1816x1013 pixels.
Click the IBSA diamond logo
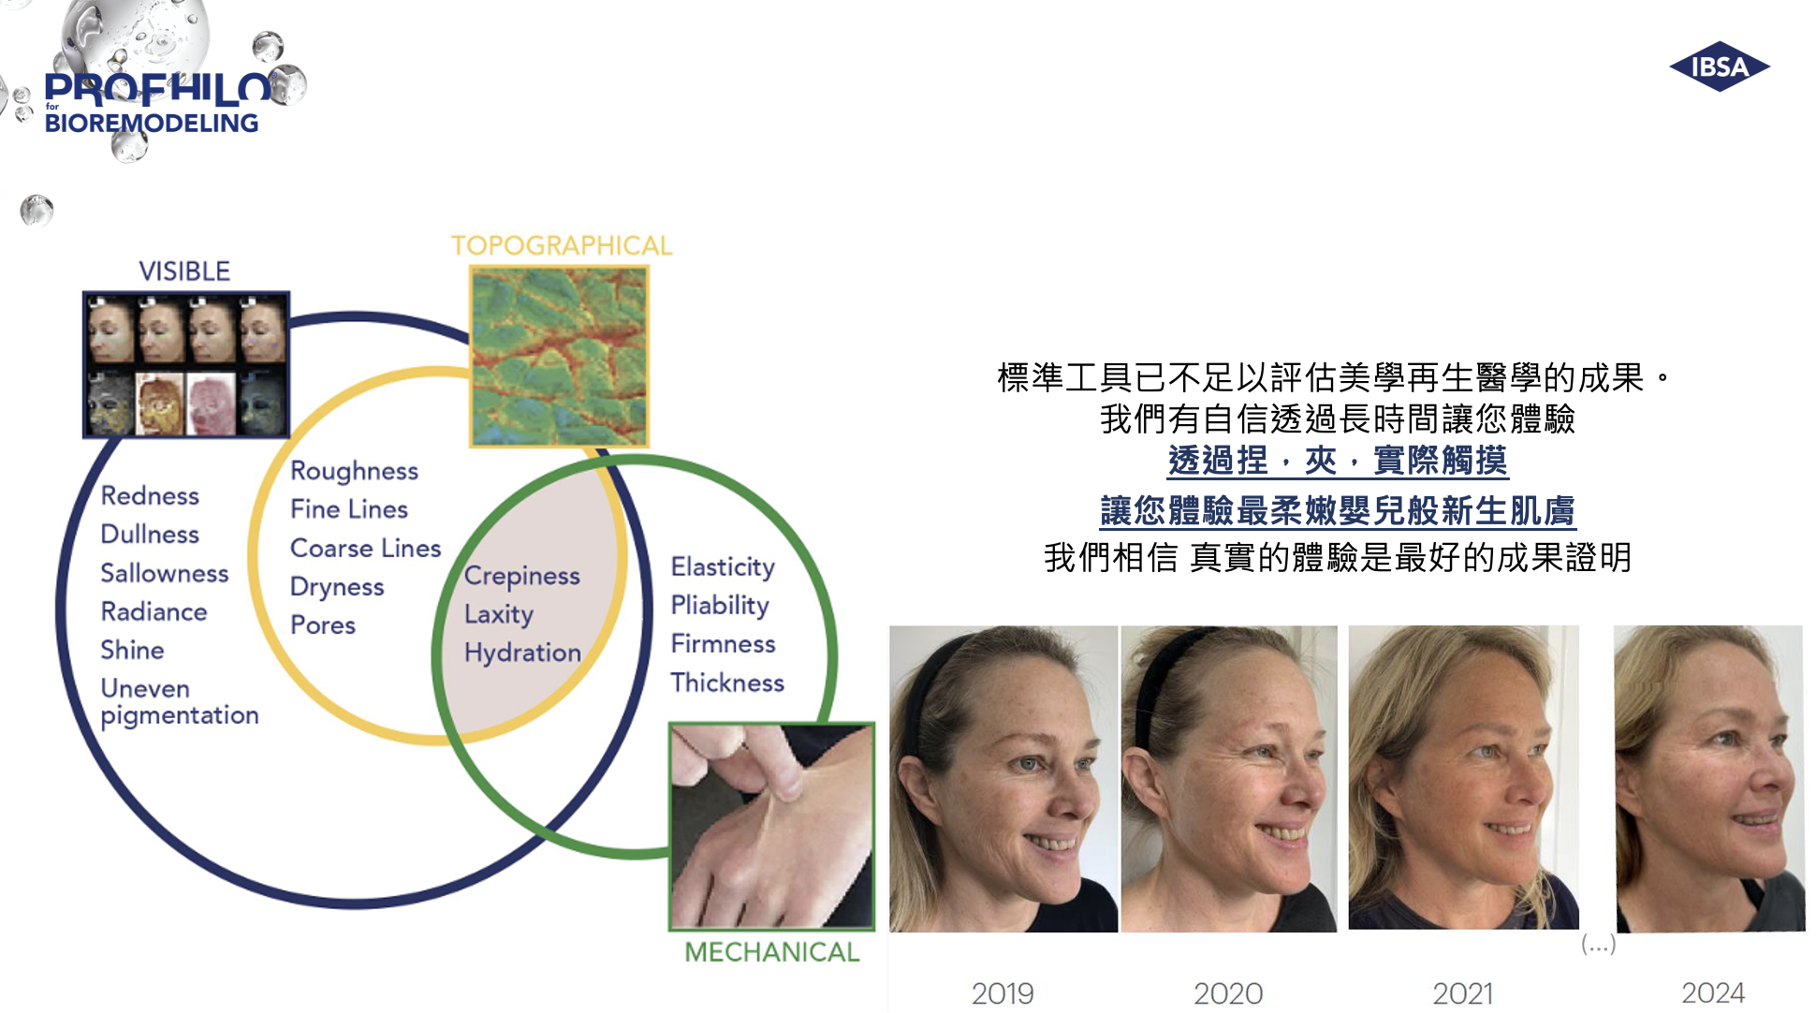[x=1720, y=66]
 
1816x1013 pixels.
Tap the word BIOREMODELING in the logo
[x=152, y=124]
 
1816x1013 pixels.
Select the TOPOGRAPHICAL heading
[x=562, y=245]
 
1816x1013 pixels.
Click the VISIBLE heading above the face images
[x=184, y=272]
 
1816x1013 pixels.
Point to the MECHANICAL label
[x=771, y=952]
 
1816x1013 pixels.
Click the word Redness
[x=150, y=495]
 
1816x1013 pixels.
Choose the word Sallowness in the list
[x=164, y=573]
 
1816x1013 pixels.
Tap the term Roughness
[x=354, y=471]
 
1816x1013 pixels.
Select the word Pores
[x=323, y=625]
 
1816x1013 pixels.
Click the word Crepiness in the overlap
[x=521, y=576]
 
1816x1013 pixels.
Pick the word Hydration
[x=522, y=653]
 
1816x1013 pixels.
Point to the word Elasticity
[x=723, y=567]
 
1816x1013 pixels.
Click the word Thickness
[x=727, y=683]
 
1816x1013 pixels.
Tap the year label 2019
[x=1003, y=993]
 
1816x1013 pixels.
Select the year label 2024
[x=1713, y=992]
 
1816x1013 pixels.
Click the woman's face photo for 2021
[x=1463, y=777]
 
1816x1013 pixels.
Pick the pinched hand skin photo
[x=771, y=827]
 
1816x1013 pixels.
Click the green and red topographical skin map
[x=559, y=356]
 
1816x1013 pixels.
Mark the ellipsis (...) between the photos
[x=1598, y=944]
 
